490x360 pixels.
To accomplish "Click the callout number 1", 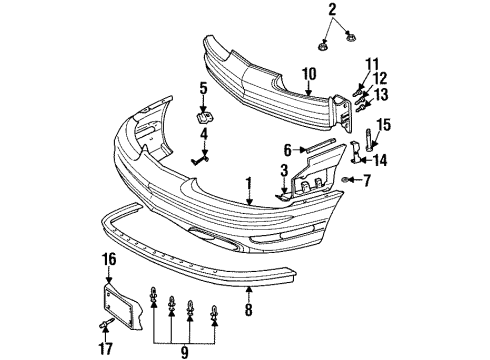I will [x=247, y=185].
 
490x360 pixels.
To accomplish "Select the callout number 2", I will [x=332, y=10].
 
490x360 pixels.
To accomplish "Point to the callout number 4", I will [x=203, y=132].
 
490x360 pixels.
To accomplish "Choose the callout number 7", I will [x=367, y=180].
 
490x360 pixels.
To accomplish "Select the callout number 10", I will [x=309, y=72].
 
